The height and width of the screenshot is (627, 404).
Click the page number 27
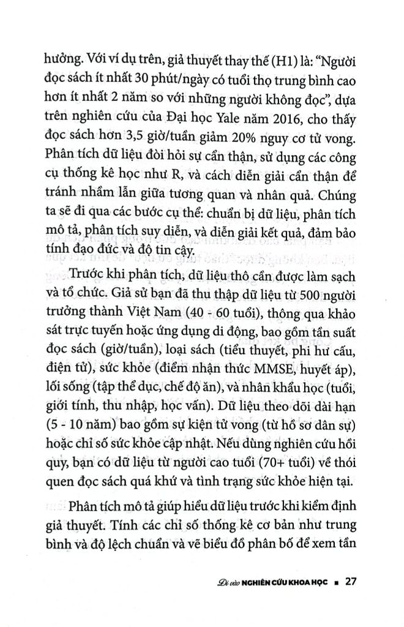click(x=351, y=580)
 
